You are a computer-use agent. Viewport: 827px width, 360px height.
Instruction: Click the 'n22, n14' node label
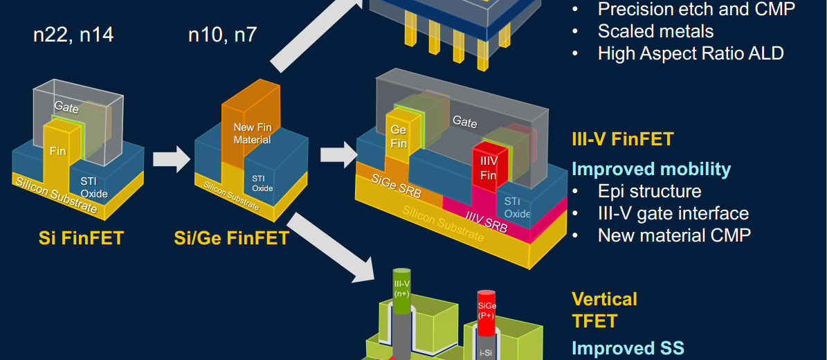coord(73,35)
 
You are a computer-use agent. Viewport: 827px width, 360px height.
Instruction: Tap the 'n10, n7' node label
coord(222,35)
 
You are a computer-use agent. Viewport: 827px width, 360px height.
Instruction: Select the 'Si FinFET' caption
coord(81,239)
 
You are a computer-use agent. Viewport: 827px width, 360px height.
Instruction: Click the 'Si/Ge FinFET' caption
coord(231,239)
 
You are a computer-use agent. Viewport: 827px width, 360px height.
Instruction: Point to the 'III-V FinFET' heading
coord(622,139)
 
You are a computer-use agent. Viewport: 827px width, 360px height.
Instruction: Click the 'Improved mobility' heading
coord(651,170)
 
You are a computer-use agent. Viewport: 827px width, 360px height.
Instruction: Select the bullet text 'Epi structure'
coord(649,192)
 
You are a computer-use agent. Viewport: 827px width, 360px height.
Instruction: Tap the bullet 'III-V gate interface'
coord(673,214)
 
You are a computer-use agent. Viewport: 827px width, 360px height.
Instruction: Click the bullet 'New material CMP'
coord(674,235)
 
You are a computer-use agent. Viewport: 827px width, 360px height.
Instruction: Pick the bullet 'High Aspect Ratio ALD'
coord(690,53)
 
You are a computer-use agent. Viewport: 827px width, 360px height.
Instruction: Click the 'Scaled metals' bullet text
coord(655,31)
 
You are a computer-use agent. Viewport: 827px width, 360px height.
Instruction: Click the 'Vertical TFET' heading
coord(603,310)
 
